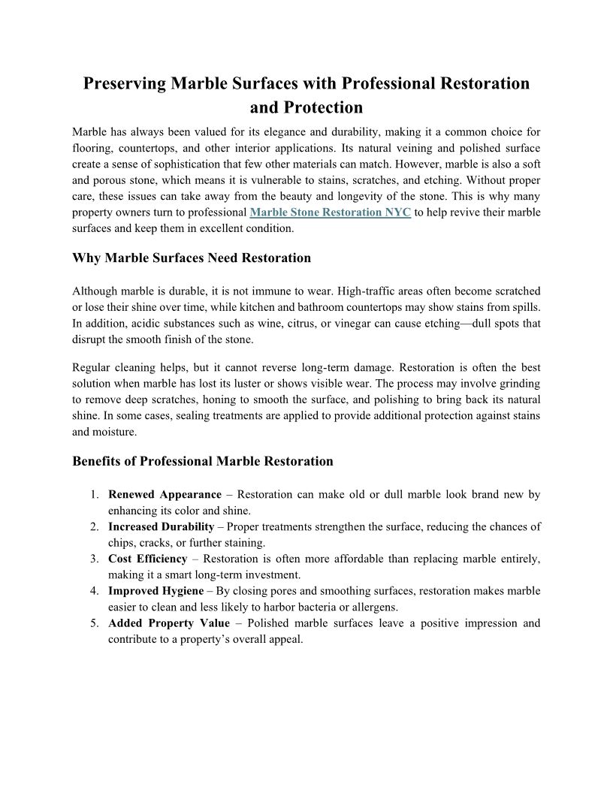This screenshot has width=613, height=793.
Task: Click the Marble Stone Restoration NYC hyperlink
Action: click(330, 213)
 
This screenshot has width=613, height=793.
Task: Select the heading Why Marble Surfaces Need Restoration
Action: click(192, 258)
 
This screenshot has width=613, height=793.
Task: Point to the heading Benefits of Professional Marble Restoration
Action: click(203, 461)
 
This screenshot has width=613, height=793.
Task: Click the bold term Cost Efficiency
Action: click(148, 559)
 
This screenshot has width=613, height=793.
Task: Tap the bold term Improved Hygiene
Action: click(156, 591)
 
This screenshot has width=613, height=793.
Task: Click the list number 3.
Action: click(95, 559)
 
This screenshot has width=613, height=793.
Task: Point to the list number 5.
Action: click(95, 623)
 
